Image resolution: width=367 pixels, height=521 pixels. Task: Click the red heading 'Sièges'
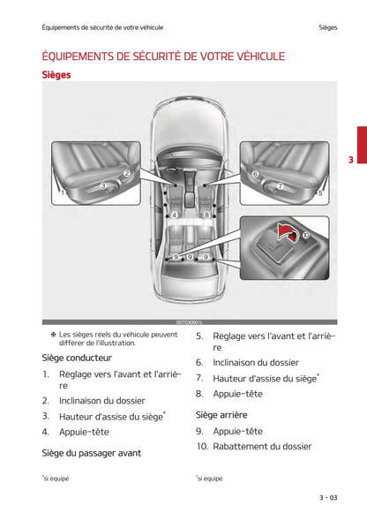point(56,75)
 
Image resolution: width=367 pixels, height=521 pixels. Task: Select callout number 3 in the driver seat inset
point(103,185)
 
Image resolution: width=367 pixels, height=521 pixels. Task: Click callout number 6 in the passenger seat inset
point(255,175)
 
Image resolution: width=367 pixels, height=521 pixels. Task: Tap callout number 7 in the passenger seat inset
point(280,186)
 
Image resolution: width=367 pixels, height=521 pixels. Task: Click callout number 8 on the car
point(206,215)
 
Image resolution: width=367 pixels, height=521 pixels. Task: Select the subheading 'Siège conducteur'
point(77,359)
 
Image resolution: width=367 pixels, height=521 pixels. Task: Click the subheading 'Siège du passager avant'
point(91,453)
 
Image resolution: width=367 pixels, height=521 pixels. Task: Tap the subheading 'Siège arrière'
point(221,414)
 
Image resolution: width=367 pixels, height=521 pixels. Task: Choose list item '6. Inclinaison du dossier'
point(247,362)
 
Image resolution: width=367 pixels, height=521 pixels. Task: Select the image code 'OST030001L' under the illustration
point(190,323)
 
